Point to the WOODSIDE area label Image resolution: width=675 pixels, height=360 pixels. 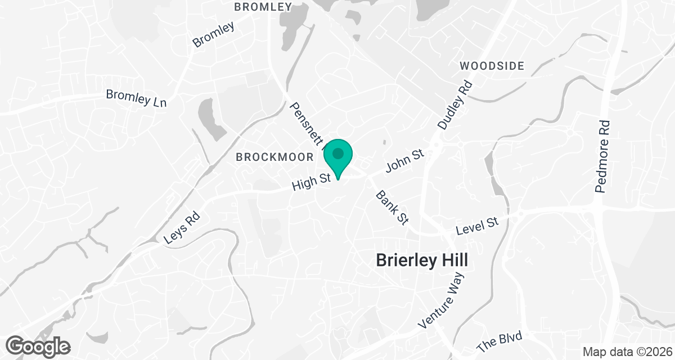tap(492, 66)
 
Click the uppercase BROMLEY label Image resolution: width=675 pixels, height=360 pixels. tap(263, 7)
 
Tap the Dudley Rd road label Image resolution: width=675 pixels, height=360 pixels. tap(454, 105)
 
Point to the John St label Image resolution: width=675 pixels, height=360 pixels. tap(404, 160)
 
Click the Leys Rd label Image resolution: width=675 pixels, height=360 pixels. tap(182, 227)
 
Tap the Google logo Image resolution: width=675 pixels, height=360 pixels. tap(38, 346)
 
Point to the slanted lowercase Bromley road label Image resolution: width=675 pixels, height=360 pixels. tap(213, 35)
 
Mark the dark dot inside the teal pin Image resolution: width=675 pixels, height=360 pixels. tap(338, 153)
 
